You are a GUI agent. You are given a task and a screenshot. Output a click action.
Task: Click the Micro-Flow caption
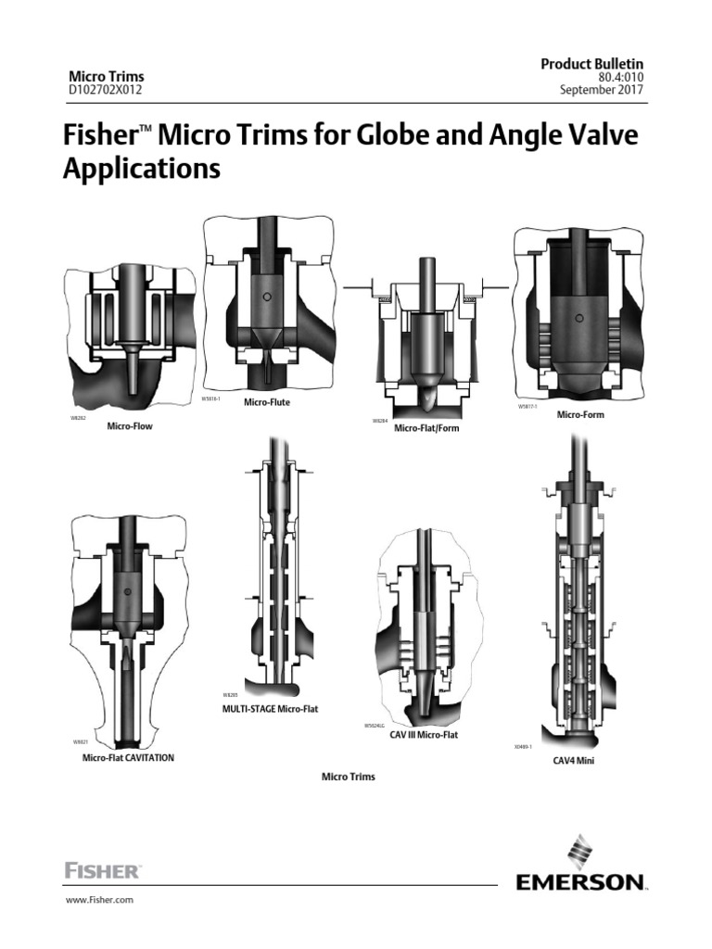point(130,427)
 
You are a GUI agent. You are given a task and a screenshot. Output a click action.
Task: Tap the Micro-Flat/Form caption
point(426,429)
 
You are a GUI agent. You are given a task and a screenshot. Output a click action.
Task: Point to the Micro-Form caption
point(580,414)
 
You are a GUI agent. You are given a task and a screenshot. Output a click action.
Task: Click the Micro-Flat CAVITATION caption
point(128,757)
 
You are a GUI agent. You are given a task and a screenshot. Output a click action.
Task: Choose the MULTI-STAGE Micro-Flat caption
point(269,708)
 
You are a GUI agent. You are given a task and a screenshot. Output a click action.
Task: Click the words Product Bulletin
point(591,63)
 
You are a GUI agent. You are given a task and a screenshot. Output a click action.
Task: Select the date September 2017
point(602,90)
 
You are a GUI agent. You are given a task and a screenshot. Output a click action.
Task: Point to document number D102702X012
point(107,90)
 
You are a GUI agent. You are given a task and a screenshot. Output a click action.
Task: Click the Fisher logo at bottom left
point(102,870)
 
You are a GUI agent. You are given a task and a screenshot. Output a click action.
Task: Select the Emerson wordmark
point(579,881)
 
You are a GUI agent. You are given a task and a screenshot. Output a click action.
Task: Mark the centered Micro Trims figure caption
point(349,777)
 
